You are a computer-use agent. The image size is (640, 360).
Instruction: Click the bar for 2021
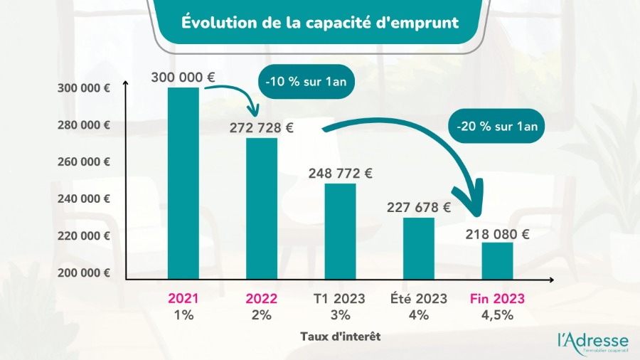(x=183, y=183)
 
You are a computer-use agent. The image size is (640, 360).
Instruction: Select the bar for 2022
(x=262, y=208)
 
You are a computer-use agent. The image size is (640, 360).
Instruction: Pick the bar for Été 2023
(x=419, y=248)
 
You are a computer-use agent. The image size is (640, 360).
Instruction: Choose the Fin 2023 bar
(x=497, y=260)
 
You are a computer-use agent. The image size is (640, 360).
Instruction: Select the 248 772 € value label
(x=340, y=173)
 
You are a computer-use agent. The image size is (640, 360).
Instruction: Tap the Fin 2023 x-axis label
(x=497, y=299)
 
